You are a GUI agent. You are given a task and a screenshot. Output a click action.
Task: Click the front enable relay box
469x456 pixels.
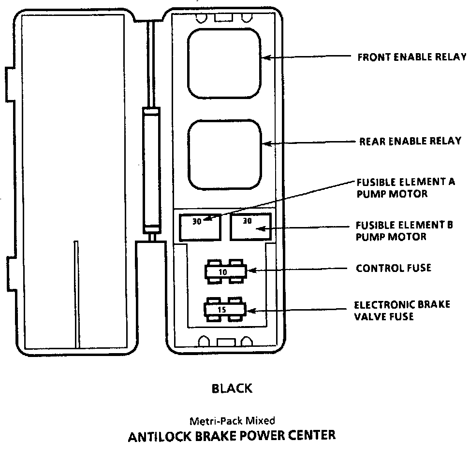point(224,63)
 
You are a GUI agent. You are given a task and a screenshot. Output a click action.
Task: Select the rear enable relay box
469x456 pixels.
point(224,156)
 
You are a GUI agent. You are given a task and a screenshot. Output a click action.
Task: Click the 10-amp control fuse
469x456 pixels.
point(224,272)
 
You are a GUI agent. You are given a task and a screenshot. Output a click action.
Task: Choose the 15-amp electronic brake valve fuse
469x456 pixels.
point(224,309)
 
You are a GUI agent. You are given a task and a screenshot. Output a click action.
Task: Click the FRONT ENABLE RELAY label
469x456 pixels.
point(411,57)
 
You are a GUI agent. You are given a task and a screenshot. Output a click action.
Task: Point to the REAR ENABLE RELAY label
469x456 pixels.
point(410,142)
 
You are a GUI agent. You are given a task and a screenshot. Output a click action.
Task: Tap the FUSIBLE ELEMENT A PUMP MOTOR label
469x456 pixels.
point(406,188)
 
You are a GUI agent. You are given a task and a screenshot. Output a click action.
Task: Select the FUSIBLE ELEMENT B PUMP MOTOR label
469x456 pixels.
point(404,231)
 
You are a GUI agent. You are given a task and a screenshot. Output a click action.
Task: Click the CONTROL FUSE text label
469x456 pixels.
point(393,268)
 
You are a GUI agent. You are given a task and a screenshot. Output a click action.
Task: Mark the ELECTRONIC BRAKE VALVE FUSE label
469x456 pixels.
point(402,311)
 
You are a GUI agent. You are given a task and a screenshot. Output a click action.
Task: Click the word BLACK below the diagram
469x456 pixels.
point(232,388)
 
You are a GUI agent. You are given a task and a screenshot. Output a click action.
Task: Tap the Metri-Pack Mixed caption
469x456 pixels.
point(232,421)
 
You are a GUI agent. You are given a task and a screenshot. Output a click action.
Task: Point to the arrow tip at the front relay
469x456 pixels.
point(264,57)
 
